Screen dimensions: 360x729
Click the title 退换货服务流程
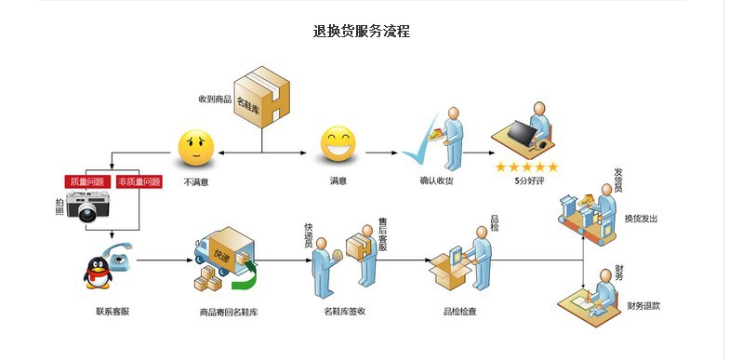(362, 31)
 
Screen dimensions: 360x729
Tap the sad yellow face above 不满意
(196, 145)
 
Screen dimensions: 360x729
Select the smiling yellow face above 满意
(338, 144)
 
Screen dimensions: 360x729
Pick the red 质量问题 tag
(86, 181)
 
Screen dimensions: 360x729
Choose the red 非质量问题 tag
(139, 181)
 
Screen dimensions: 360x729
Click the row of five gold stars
(525, 167)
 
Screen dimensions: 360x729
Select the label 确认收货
(436, 180)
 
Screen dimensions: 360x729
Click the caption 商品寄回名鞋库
(229, 312)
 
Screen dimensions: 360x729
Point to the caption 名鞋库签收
(344, 311)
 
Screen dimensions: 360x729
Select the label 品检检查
(459, 311)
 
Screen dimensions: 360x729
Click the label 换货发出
(641, 219)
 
